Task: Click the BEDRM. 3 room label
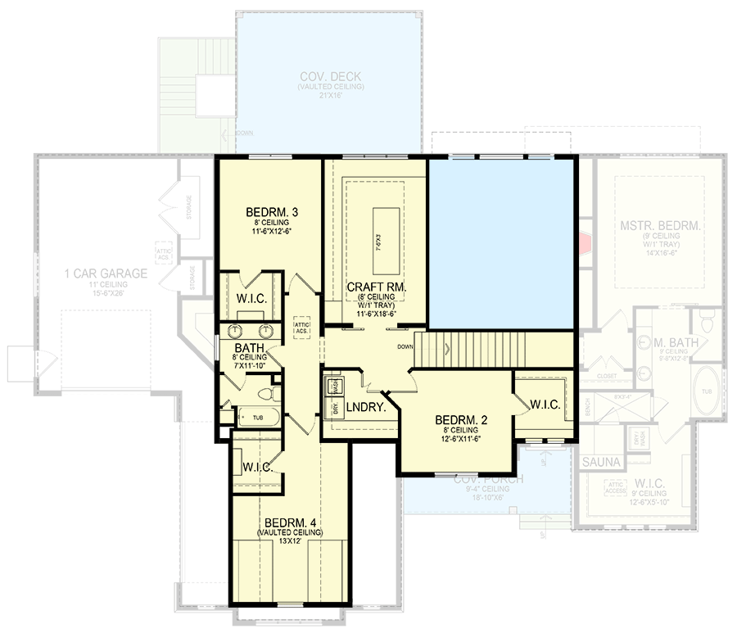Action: (271, 213)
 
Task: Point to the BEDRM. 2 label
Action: (461, 420)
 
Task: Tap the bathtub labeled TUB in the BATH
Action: (257, 417)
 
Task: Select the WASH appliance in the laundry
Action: (336, 384)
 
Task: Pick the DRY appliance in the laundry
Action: (335, 407)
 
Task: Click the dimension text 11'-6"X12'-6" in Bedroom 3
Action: (271, 232)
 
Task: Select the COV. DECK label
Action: (330, 76)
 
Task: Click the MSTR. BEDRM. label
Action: (659, 226)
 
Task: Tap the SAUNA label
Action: (601, 463)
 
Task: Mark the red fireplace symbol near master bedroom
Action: (584, 243)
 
